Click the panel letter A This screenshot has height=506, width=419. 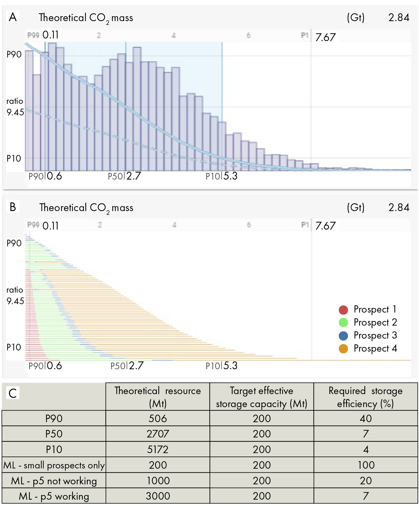point(13,17)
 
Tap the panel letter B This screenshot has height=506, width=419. point(13,207)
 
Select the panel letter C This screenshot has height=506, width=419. point(13,393)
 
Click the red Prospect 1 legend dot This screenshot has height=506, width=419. point(343,310)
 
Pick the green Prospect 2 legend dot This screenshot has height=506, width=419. point(343,323)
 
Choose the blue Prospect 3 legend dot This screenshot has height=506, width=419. point(343,336)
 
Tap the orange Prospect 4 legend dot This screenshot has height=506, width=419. point(343,349)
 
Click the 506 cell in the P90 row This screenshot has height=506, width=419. point(158,418)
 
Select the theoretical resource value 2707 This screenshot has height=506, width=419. point(158,434)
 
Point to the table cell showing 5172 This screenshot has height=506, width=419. point(158,449)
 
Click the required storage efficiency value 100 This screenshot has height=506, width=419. point(366,465)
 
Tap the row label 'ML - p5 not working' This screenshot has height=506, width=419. point(54,481)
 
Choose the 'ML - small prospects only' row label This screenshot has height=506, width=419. point(54,465)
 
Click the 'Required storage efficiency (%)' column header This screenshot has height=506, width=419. point(365,397)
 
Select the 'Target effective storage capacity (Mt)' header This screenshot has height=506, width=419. point(262,397)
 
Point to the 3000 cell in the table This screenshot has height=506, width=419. point(158,496)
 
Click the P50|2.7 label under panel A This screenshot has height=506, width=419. point(124,176)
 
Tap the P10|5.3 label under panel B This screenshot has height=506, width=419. point(222,366)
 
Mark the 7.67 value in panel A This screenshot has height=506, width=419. point(326,37)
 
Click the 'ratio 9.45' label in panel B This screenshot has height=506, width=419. point(15,296)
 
